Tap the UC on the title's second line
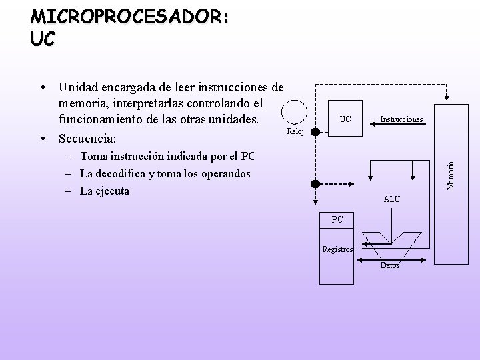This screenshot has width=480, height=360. [43, 39]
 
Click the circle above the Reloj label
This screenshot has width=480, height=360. [293, 112]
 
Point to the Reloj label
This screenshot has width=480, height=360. [295, 131]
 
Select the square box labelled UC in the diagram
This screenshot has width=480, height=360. [345, 120]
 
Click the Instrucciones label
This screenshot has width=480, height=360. [401, 119]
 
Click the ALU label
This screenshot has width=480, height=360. [392, 199]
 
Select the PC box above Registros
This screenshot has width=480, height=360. [337, 219]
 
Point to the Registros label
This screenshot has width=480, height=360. [337, 250]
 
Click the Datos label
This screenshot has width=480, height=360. [390, 265]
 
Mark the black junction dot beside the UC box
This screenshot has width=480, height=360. [316, 131]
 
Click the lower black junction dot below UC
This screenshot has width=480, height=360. [316, 183]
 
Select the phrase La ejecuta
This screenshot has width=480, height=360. [104, 191]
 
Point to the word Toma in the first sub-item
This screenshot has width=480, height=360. [94, 157]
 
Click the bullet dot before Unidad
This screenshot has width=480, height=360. [42, 87]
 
